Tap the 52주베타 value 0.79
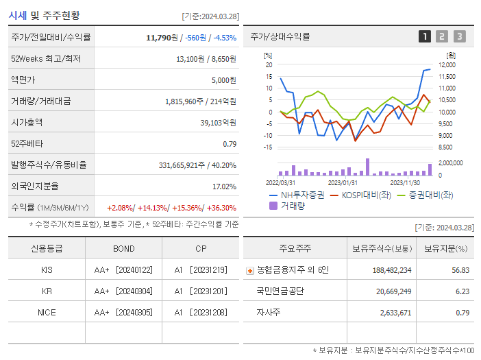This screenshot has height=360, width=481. pos(229,143)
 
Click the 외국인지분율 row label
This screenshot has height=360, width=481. pos(35,186)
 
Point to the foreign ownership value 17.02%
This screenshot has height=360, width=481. pos(223,186)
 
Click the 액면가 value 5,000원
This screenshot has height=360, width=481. pos(223,80)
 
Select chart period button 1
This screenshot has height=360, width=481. pos(425,36)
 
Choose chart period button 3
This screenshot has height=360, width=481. pos(459,36)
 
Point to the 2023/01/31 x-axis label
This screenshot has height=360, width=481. pos(343,182)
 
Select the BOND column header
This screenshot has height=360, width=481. pos(123,248)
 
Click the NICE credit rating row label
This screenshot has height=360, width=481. pos(47,312)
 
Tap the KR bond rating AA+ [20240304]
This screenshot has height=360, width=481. pos(123,291)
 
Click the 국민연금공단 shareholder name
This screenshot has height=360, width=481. pos(280,291)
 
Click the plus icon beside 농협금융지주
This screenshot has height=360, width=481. pos(249,270)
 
